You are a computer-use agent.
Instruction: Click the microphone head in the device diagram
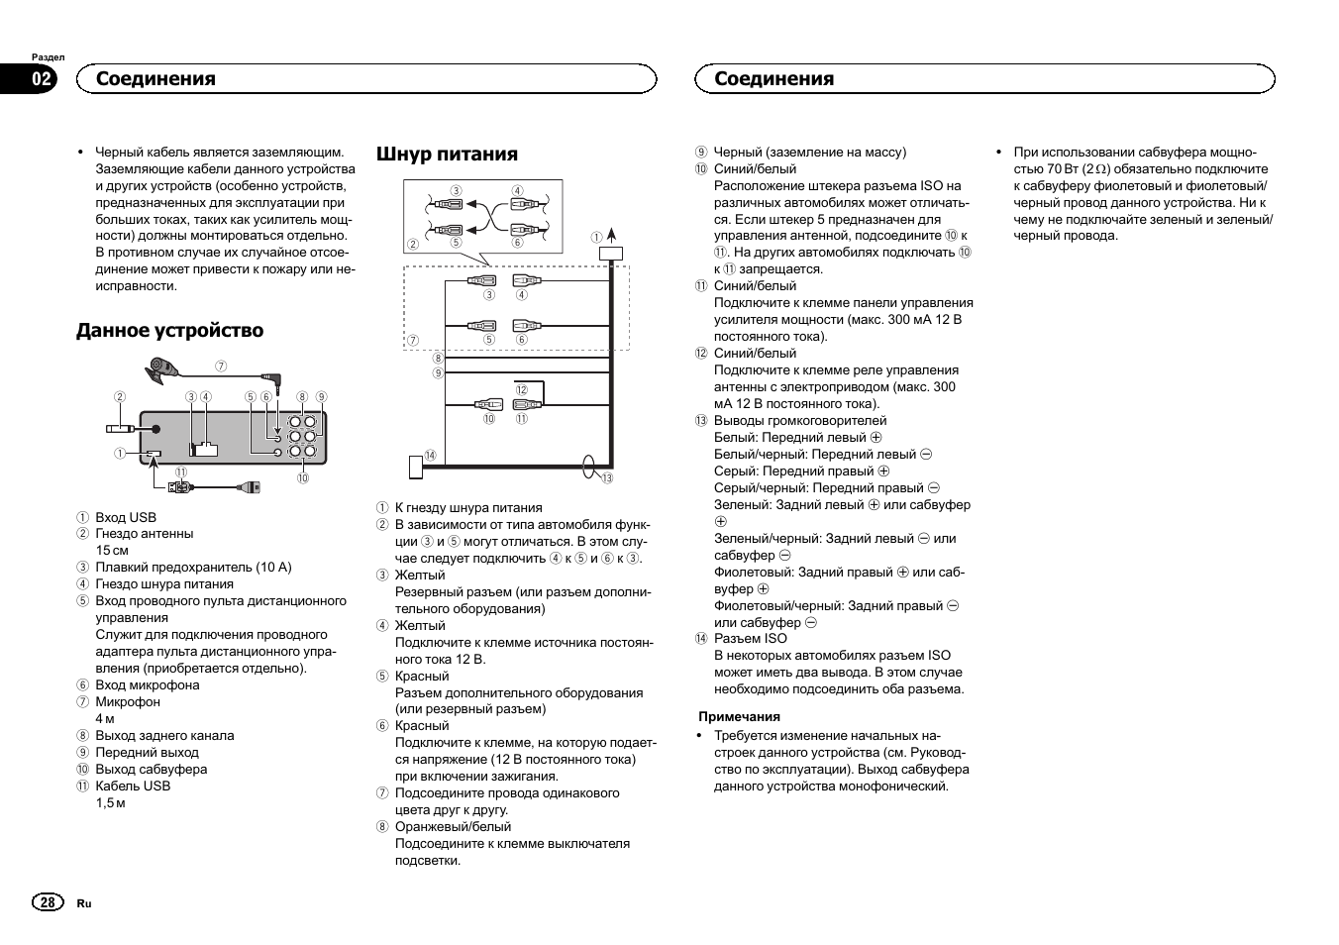pos(158,372)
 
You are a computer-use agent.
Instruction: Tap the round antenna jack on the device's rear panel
pos(156,429)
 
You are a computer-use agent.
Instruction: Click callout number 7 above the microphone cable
pos(221,366)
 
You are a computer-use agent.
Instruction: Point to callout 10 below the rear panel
pos(302,477)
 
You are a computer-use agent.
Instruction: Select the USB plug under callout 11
pos(179,486)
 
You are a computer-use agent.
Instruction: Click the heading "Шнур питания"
pos(447,154)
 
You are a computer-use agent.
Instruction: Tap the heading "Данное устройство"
pos(169,330)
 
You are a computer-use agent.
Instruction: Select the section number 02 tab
pos(42,79)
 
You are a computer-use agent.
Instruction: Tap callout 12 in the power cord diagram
pos(521,389)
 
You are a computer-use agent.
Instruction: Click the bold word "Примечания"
pos(739,716)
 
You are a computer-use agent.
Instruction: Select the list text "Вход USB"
pos(126,517)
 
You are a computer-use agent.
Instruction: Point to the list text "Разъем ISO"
pos(750,638)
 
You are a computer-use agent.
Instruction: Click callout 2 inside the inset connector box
pos(413,244)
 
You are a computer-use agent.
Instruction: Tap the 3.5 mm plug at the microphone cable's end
pos(273,377)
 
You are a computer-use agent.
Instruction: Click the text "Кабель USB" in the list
pos(133,786)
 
